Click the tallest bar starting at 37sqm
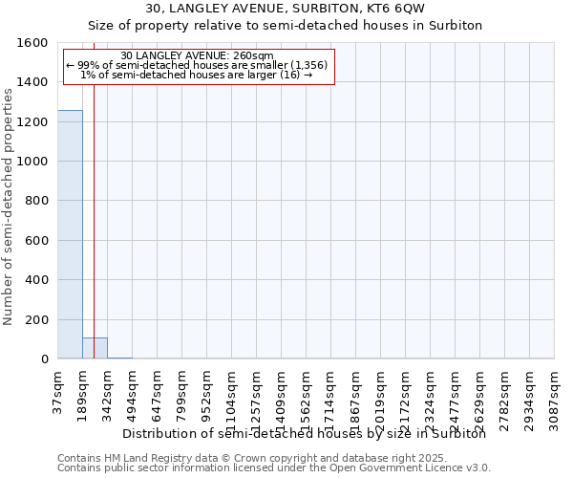coord(70,234)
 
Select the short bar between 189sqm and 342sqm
coord(95,348)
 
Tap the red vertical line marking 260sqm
coord(94,210)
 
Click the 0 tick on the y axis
coord(44,359)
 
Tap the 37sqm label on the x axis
coord(58,389)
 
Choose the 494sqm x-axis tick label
coord(133,392)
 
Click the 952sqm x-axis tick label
coord(207,392)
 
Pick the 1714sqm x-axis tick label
coord(331,395)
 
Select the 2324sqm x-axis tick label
coord(431,395)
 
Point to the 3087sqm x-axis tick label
coord(555,395)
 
